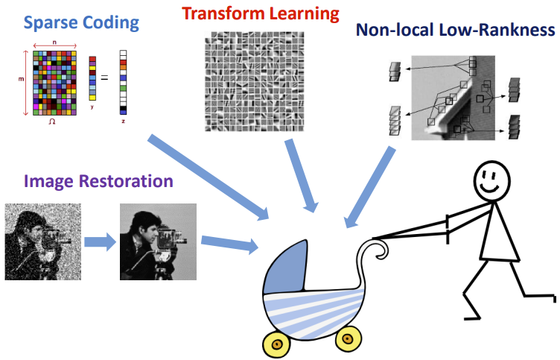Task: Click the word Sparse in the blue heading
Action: tap(51, 22)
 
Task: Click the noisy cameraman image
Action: tap(39, 242)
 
